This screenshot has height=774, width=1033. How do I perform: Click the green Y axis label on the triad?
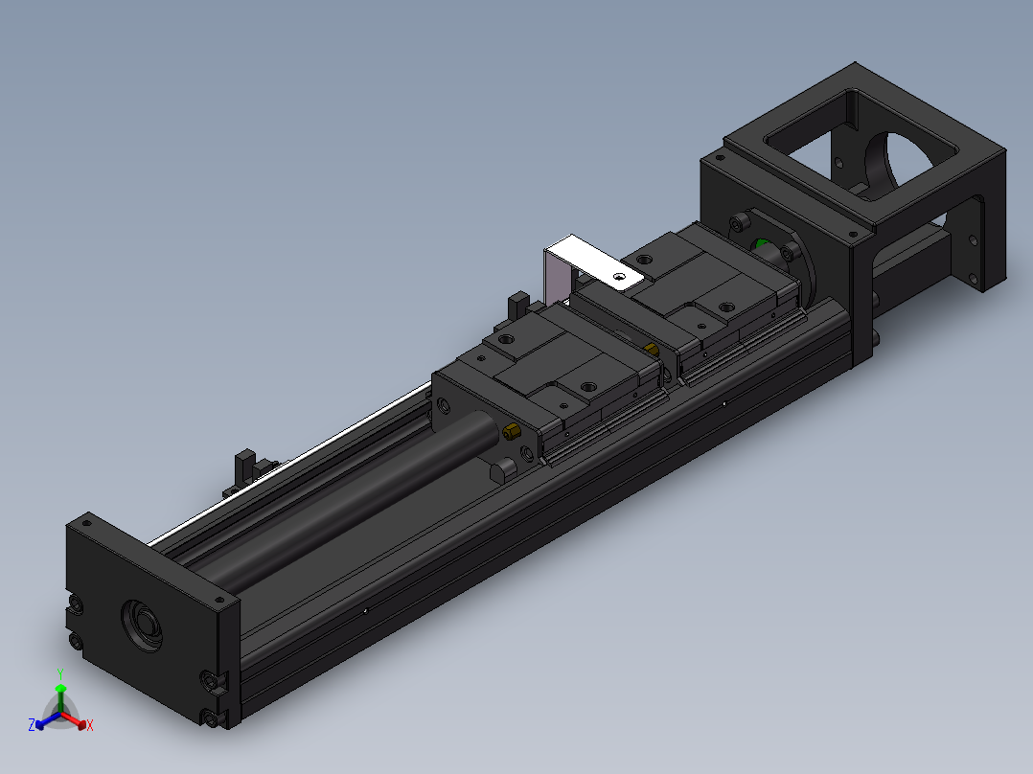click(59, 673)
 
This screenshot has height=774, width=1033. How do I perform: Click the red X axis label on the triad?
click(89, 726)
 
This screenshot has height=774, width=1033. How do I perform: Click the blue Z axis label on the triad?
click(32, 726)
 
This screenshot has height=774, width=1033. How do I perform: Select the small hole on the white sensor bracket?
click(620, 276)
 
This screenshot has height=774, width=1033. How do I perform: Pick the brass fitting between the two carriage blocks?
click(652, 348)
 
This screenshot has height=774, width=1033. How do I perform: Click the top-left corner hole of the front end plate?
click(86, 523)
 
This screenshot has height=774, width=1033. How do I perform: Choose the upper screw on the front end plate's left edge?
click(75, 605)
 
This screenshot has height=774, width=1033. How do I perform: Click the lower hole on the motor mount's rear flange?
click(978, 279)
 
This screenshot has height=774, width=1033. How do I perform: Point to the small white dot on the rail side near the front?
click(366, 609)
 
